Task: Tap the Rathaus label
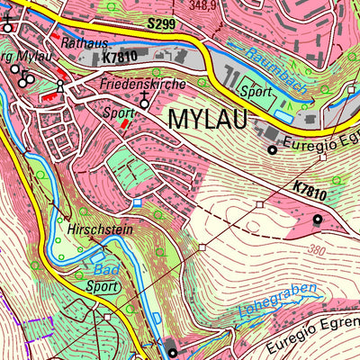pos(85,42)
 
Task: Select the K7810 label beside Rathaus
pos(121,57)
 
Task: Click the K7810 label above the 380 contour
pos(310,192)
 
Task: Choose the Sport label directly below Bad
pos(103,286)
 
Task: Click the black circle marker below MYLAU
pos(273,149)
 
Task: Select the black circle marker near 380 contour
pos(317,219)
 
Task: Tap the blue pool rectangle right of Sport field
pos(283,116)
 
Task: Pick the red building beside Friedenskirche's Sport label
pos(124,124)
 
